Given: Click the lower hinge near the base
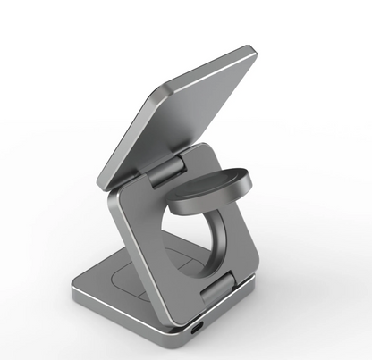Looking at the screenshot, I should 221,288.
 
